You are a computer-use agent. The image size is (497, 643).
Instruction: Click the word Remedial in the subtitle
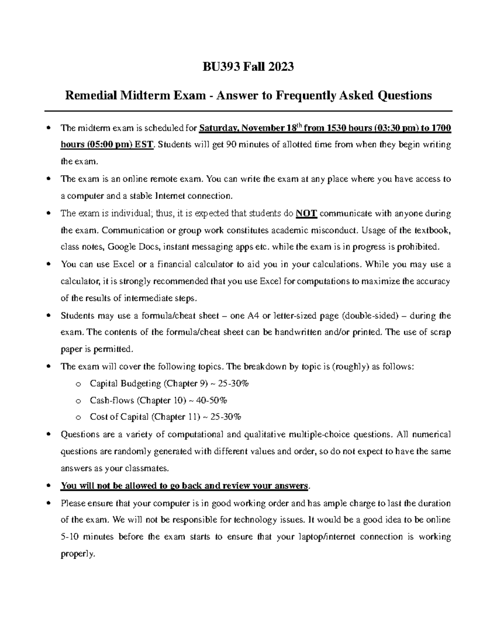click(x=91, y=96)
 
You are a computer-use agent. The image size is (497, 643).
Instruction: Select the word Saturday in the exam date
click(x=218, y=128)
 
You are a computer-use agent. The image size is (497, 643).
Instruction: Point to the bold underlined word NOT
click(x=307, y=214)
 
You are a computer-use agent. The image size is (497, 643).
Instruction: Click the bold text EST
click(x=145, y=145)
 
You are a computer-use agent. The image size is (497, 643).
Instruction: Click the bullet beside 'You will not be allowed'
click(x=49, y=486)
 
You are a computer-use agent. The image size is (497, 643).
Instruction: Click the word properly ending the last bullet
click(x=77, y=554)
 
